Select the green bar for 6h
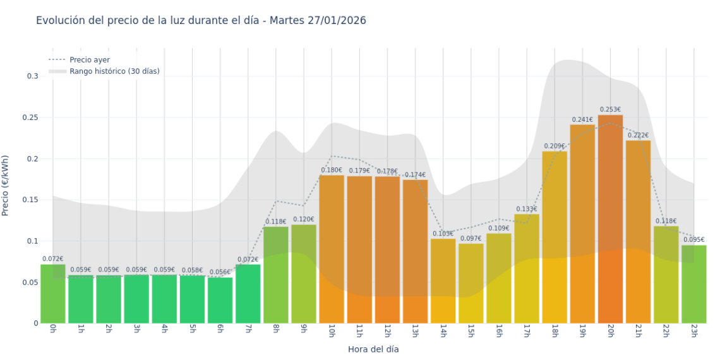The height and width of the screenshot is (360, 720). coord(220,301)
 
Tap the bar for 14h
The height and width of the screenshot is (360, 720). coord(443,281)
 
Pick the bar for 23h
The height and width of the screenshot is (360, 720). coord(693,284)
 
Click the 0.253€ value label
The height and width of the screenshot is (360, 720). coord(610,109)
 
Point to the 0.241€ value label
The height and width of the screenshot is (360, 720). coord(582,119)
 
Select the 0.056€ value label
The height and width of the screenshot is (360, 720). coord(220,272)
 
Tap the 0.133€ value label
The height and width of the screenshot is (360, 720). coord(526,209)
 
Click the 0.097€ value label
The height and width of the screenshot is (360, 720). coord(471,238)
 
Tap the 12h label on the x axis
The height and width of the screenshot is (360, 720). coord(387,331)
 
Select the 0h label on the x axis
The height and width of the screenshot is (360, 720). coord(53,329)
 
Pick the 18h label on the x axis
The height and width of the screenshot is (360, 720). coord(555,331)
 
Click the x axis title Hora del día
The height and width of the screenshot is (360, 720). coord(373,349)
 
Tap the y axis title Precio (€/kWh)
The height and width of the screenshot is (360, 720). coord(6,186)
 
